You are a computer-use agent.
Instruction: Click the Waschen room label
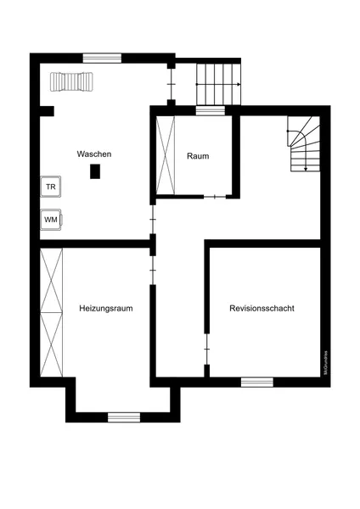[94, 154]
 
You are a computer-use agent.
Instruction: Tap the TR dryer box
[51, 186]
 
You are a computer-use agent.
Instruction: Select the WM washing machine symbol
[51, 219]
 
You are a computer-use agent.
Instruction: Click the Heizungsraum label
[107, 307]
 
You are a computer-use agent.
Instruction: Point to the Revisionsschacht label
[262, 308]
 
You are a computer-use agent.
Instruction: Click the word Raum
[198, 156]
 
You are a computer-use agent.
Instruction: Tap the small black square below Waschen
[95, 171]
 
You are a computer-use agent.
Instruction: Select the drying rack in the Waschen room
[70, 81]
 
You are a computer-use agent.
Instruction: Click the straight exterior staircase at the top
[218, 84]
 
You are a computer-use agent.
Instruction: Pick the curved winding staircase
[302, 144]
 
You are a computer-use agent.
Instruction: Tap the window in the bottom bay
[123, 417]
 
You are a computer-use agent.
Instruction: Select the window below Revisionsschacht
[256, 382]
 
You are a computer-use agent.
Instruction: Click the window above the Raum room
[209, 109]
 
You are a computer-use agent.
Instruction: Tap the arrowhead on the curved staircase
[304, 169]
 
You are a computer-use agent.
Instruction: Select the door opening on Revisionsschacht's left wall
[206, 348]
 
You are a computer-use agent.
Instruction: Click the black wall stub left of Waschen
[46, 110]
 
